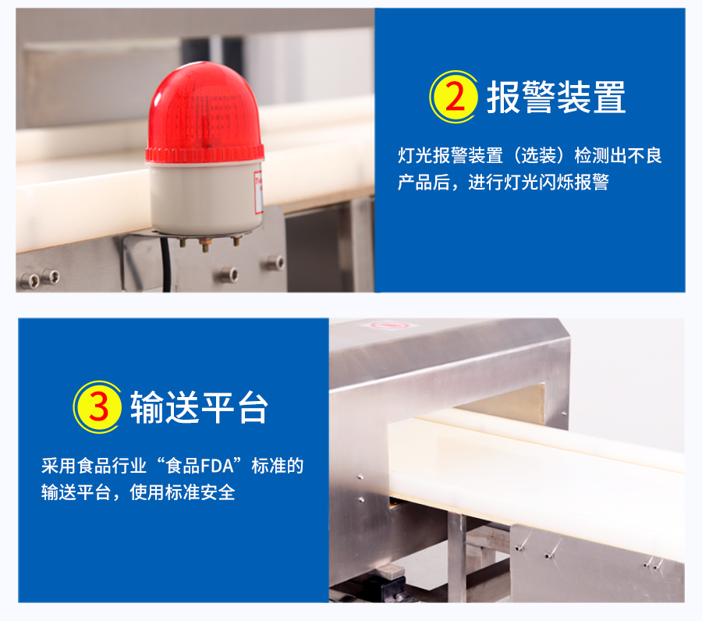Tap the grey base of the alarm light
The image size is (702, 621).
point(205,198)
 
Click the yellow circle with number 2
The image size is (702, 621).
point(453,97)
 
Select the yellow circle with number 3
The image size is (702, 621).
point(97,407)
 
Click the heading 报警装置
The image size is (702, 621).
point(556,98)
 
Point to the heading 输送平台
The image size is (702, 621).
point(199,407)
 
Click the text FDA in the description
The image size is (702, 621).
point(217,466)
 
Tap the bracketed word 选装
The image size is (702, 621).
point(538,156)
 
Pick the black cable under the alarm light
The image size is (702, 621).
point(166,264)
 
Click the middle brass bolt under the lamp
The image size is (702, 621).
point(205,244)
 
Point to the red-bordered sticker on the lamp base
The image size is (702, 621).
point(258,192)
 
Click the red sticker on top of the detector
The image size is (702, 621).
point(389,325)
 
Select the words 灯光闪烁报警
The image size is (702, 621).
point(556,183)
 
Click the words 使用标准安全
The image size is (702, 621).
point(183,492)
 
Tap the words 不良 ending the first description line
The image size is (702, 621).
point(644,156)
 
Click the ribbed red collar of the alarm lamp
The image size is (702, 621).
point(205,154)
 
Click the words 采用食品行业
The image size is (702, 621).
point(94,466)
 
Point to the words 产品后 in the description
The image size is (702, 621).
point(424,183)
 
